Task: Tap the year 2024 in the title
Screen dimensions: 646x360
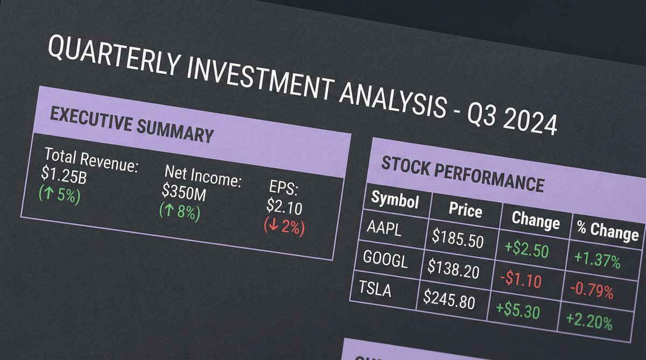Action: point(530,123)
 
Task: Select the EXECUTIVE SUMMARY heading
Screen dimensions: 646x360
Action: point(132,124)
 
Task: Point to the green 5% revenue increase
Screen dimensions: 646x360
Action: point(60,195)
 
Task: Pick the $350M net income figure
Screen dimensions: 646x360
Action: point(184,192)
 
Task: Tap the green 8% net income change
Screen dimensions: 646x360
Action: point(180,212)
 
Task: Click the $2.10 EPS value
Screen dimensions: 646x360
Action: point(284,206)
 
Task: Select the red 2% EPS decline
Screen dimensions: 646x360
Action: point(284,227)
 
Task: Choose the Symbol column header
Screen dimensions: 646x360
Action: point(395,199)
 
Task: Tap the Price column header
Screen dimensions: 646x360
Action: point(466,209)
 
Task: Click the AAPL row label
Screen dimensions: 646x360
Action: point(384,229)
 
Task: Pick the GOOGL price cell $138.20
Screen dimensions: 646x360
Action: point(453,269)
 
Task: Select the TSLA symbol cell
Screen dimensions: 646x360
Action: point(375,289)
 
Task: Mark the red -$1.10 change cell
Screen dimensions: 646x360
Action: point(521,279)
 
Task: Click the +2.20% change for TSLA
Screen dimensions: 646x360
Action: point(589,321)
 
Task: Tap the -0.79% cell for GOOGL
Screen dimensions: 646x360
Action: point(592,290)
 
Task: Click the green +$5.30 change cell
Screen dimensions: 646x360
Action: point(518,310)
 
